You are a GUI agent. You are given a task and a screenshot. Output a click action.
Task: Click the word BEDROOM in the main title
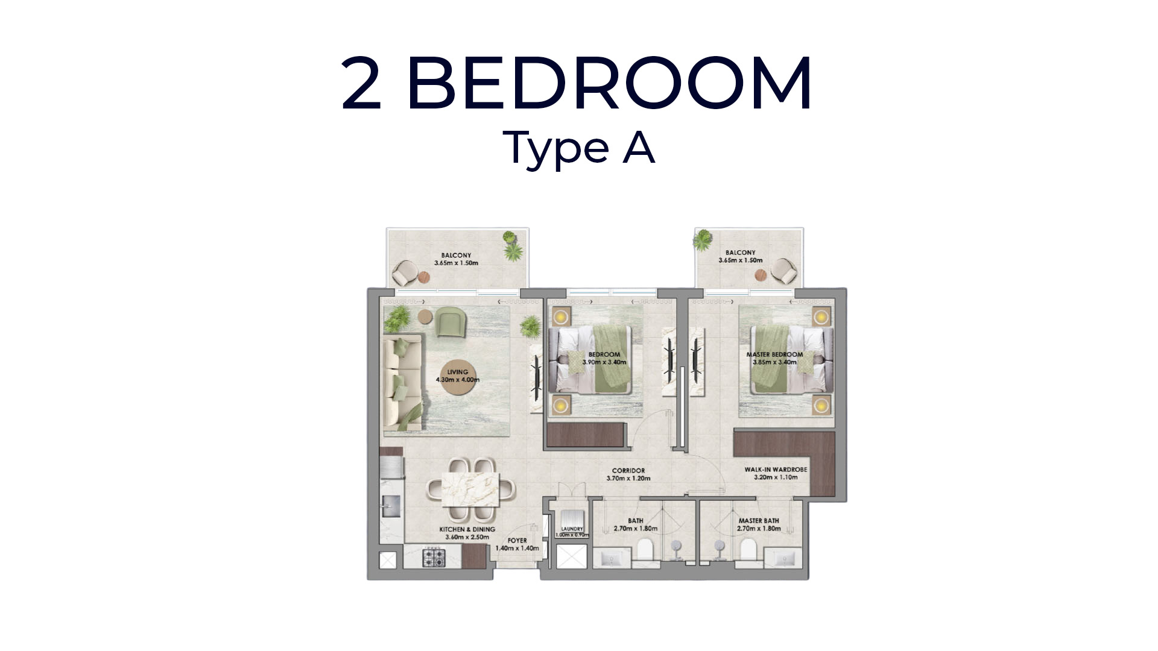(x=610, y=83)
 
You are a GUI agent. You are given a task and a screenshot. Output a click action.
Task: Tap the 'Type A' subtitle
(x=579, y=146)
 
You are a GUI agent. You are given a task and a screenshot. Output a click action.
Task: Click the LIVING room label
(x=458, y=372)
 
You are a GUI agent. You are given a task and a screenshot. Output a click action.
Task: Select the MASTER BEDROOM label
(x=774, y=354)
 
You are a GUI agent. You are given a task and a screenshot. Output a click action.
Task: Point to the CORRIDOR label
(x=628, y=471)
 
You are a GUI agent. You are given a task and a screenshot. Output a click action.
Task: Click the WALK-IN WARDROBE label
(x=776, y=470)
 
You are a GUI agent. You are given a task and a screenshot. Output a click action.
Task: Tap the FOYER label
(x=517, y=541)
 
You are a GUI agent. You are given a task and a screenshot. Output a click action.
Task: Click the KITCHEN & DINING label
(x=467, y=529)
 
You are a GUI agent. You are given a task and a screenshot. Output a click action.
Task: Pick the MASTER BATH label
(x=759, y=521)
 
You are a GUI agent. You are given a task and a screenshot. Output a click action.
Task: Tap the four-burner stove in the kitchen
(x=433, y=557)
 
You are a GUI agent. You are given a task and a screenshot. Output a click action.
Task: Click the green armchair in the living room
(x=451, y=322)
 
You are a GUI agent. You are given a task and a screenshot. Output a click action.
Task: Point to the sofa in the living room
(x=403, y=382)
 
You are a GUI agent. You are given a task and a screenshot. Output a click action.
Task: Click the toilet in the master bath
(x=748, y=550)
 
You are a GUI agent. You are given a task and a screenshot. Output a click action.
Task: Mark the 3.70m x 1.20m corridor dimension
(x=628, y=479)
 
